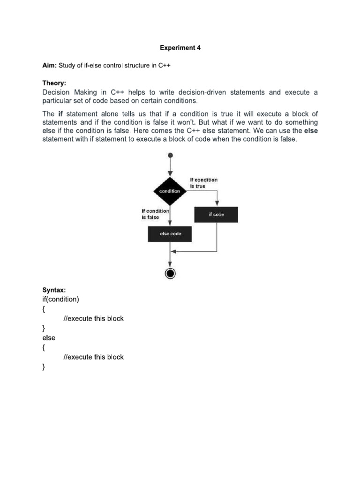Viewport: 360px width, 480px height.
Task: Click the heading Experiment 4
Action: click(x=180, y=48)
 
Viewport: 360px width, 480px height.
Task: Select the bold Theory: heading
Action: click(x=55, y=83)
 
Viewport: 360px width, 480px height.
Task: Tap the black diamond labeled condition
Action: click(x=170, y=191)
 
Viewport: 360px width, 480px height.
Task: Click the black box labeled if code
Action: click(x=216, y=215)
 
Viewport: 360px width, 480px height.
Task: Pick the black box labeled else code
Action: click(x=170, y=233)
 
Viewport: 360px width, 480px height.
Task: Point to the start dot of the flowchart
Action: click(x=170, y=155)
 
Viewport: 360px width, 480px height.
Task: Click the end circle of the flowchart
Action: click(x=170, y=273)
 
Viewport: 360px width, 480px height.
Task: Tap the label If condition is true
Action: click(x=203, y=183)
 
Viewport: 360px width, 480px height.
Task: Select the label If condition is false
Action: click(x=155, y=214)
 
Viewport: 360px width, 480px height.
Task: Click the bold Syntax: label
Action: click(x=54, y=290)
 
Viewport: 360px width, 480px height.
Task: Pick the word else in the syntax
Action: click(x=49, y=337)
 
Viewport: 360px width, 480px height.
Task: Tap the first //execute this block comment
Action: click(x=93, y=318)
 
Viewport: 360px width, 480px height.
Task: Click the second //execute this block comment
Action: click(x=93, y=357)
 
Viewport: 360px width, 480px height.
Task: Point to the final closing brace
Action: click(x=44, y=367)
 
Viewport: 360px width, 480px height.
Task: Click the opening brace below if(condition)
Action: click(x=44, y=309)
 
